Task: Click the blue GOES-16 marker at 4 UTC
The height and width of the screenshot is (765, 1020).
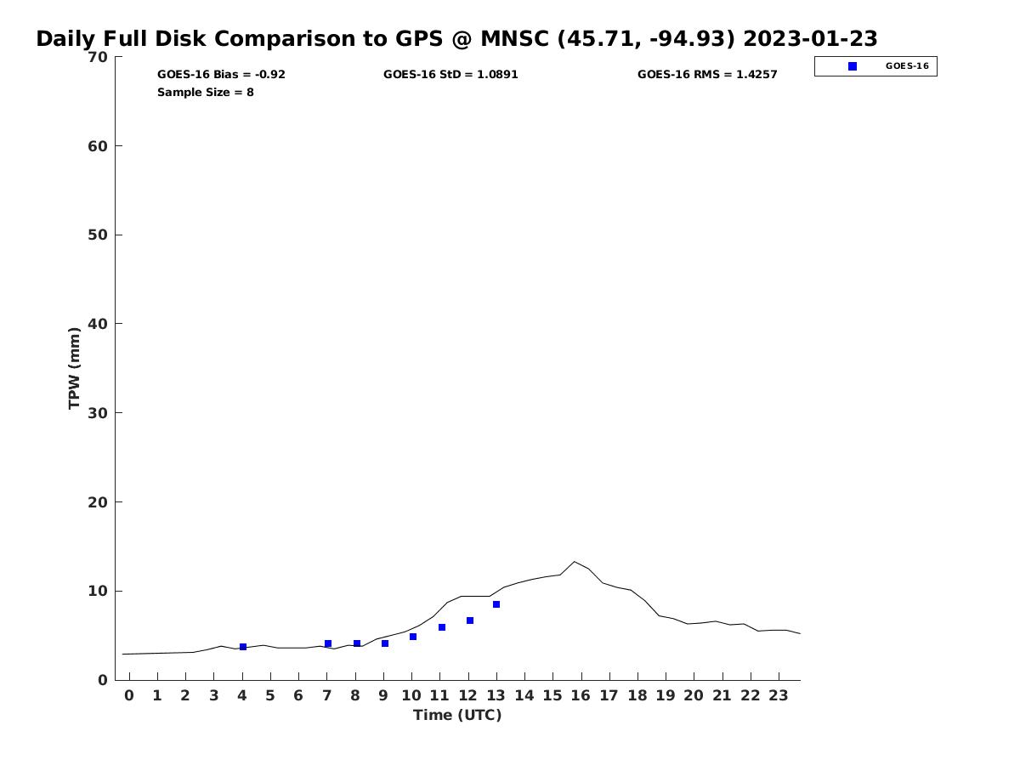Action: [243, 647]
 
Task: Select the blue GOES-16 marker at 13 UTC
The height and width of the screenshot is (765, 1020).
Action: [496, 604]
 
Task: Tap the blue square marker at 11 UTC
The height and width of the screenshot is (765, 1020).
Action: [442, 627]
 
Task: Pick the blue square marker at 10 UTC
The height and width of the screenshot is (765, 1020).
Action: [413, 637]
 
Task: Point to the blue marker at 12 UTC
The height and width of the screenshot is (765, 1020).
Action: [470, 620]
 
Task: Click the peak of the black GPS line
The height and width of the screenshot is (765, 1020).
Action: [575, 562]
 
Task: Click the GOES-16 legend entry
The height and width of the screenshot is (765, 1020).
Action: [875, 66]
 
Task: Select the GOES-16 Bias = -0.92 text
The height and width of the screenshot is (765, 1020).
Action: [221, 75]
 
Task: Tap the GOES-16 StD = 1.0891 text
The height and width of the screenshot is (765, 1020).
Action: [450, 75]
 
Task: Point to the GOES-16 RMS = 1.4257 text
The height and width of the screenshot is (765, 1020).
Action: [707, 75]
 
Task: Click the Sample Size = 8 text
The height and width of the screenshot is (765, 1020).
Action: [205, 93]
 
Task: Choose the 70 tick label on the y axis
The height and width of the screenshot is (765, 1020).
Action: [98, 57]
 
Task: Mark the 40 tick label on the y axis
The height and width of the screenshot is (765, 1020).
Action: [98, 324]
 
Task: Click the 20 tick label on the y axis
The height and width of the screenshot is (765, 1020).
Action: [98, 502]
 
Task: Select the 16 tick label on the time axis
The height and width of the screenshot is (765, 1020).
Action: [581, 695]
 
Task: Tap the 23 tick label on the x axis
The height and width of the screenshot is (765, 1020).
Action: [779, 695]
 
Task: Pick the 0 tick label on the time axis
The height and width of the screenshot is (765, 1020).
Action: [129, 695]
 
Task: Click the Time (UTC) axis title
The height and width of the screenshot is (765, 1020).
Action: [457, 715]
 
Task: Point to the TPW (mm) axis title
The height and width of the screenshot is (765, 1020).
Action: [75, 368]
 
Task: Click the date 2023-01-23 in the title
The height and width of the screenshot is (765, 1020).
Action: [812, 39]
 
